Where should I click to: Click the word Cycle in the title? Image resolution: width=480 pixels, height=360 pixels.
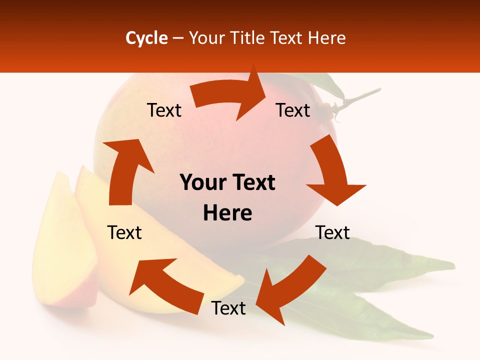coord(146,38)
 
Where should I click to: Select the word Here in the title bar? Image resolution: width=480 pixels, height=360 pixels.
coord(325,38)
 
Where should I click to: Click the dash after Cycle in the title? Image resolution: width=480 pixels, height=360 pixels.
coord(177,38)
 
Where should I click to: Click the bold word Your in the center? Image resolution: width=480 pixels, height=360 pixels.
coord(200,183)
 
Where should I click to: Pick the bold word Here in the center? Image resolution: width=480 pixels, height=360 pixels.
coord(227,213)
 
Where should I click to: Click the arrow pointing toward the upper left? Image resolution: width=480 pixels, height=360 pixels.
coord(165,285)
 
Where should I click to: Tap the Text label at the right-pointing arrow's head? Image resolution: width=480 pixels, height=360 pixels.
coord(293,110)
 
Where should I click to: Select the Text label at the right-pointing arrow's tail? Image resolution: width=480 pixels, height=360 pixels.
coord(164,110)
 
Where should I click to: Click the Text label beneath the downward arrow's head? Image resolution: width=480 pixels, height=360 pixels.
coord(332,232)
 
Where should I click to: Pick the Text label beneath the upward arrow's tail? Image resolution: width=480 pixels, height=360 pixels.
coord(124,232)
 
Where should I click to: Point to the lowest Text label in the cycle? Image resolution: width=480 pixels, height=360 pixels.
coord(228,308)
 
